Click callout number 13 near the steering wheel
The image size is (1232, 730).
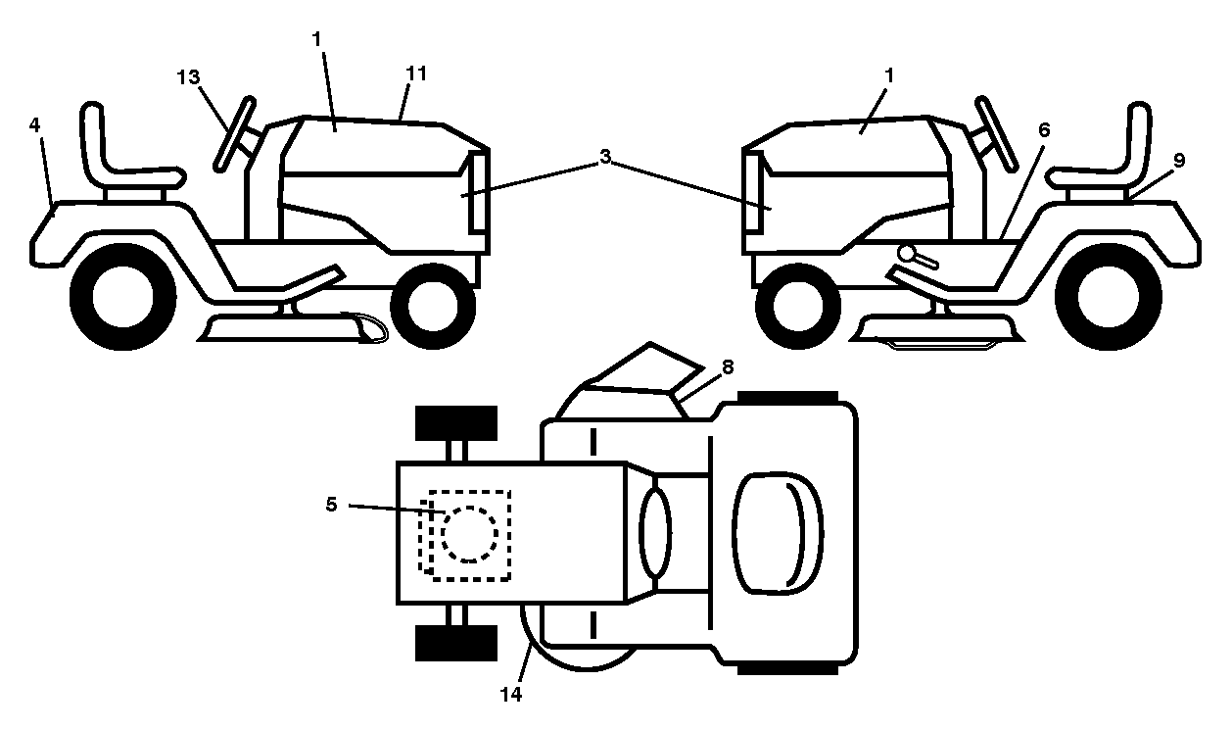(x=188, y=77)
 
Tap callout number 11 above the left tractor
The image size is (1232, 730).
(x=416, y=73)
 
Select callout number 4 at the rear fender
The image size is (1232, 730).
(x=34, y=125)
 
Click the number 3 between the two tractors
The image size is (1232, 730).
(x=605, y=157)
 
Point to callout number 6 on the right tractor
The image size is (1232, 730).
(x=1044, y=129)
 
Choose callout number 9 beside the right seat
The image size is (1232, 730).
(x=1179, y=161)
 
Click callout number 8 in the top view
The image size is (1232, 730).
(x=728, y=367)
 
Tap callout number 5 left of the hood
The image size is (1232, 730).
(x=331, y=504)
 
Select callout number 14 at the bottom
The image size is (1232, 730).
(x=511, y=695)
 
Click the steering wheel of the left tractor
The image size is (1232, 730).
(x=234, y=134)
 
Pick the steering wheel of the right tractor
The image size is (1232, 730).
(x=997, y=134)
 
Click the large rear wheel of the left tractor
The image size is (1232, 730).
(x=123, y=297)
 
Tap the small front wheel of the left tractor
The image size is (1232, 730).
(x=433, y=306)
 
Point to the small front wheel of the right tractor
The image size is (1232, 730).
(x=798, y=306)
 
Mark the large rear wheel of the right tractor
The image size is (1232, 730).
(x=1109, y=297)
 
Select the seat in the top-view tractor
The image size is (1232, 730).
(x=778, y=533)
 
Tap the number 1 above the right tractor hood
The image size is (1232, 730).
(x=889, y=75)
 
